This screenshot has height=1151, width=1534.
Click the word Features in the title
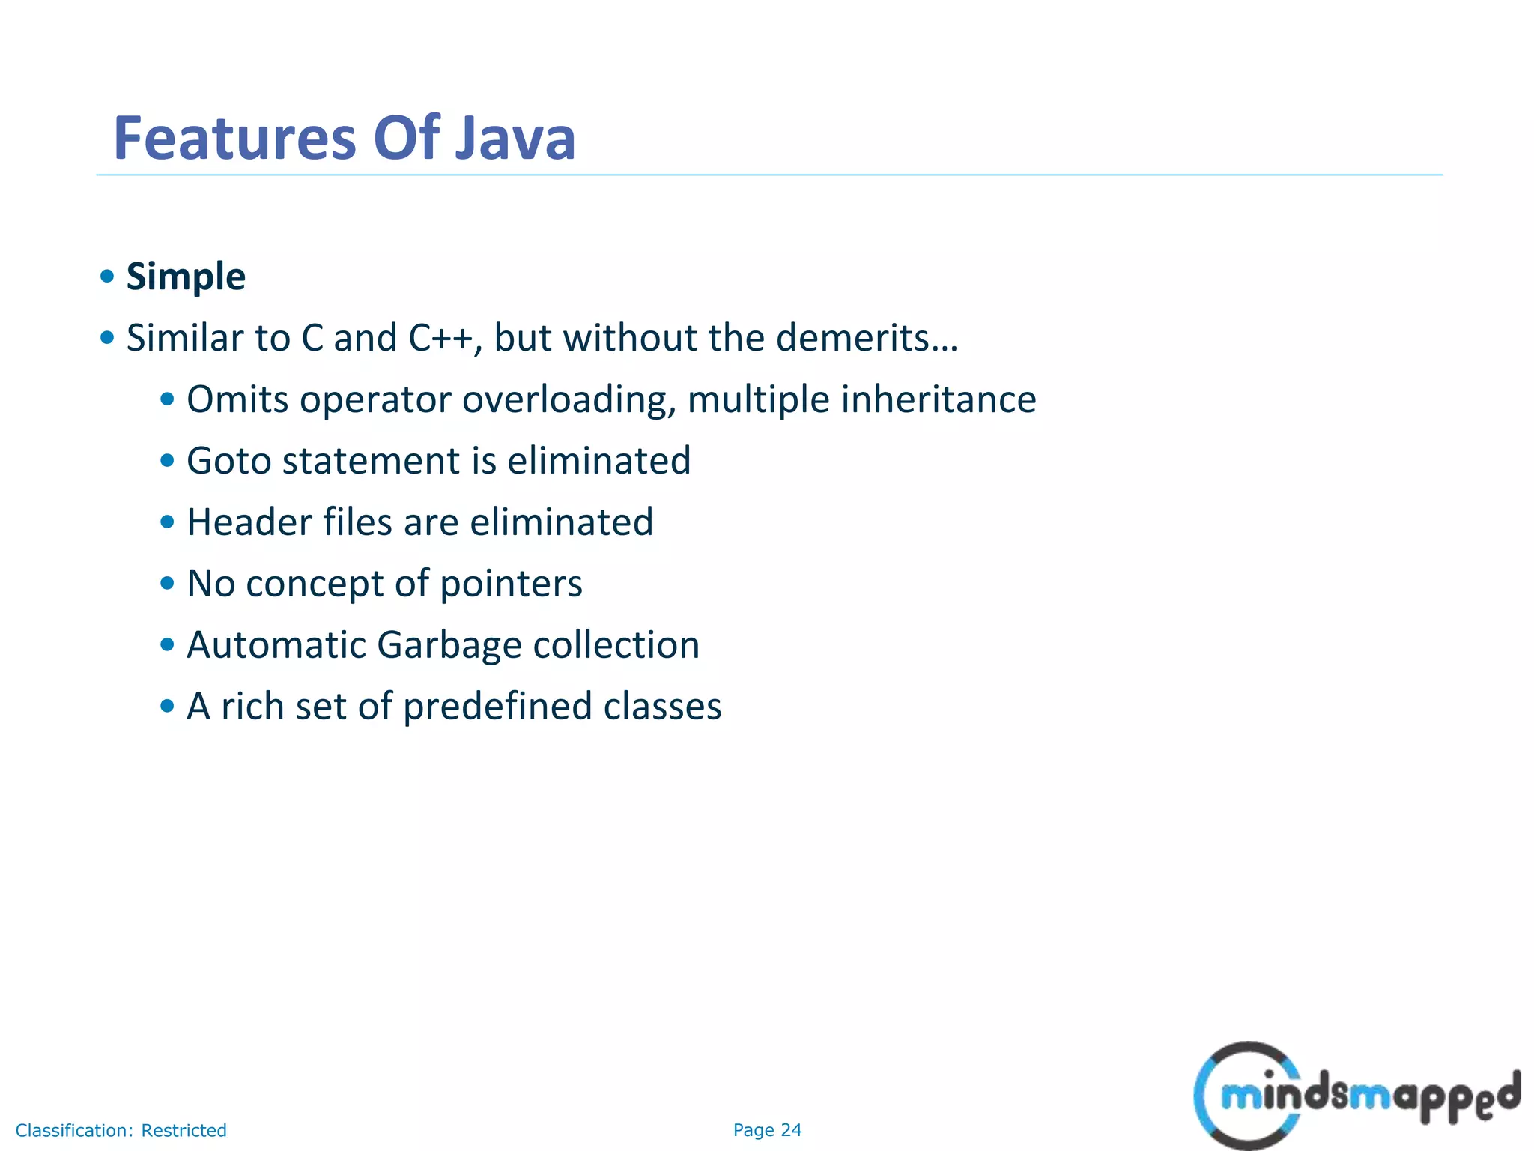pyautogui.click(x=234, y=139)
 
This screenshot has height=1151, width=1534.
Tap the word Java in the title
pyautogui.click(x=515, y=139)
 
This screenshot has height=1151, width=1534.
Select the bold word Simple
pyautogui.click(x=186, y=277)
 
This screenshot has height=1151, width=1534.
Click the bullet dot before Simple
pyautogui.click(x=107, y=277)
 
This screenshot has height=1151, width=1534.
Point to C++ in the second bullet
pyautogui.click(x=440, y=339)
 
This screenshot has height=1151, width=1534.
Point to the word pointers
pyautogui.click(x=511, y=584)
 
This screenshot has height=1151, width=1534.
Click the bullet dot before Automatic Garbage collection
pyautogui.click(x=167, y=644)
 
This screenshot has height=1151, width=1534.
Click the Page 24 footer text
pyautogui.click(x=767, y=1130)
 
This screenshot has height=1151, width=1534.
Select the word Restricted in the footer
pyautogui.click(x=184, y=1130)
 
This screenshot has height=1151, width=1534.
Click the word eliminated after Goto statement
pyautogui.click(x=598, y=462)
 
